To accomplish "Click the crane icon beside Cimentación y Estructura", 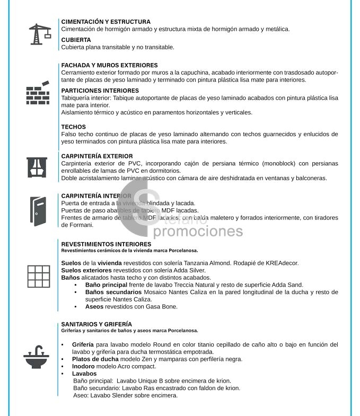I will pyautogui.click(x=39, y=33).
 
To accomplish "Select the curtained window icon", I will pyautogui.click(x=38, y=167).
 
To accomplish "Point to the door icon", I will pyautogui.click(x=39, y=211).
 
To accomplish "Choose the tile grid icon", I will pyautogui.click(x=38, y=276).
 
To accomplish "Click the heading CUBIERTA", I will pyautogui.click(x=76, y=40).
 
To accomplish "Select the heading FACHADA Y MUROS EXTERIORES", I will pyautogui.click(x=109, y=65).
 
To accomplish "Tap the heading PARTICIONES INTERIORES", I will pyautogui.click(x=100, y=91).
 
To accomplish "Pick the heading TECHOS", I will pyautogui.click(x=73, y=127).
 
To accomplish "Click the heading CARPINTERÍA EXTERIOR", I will pyautogui.click(x=97, y=156).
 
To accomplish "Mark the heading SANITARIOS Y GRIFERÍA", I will pyautogui.click(x=96, y=324).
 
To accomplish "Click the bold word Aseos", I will pyautogui.click(x=94, y=306).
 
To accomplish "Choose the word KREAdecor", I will pyautogui.click(x=278, y=263).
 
